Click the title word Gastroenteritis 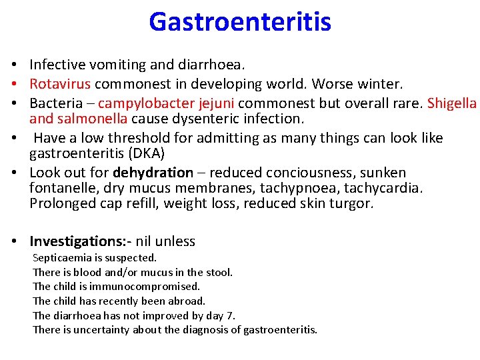(240, 21)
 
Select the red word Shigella (452, 103)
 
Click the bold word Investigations (79, 241)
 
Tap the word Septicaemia (61, 257)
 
